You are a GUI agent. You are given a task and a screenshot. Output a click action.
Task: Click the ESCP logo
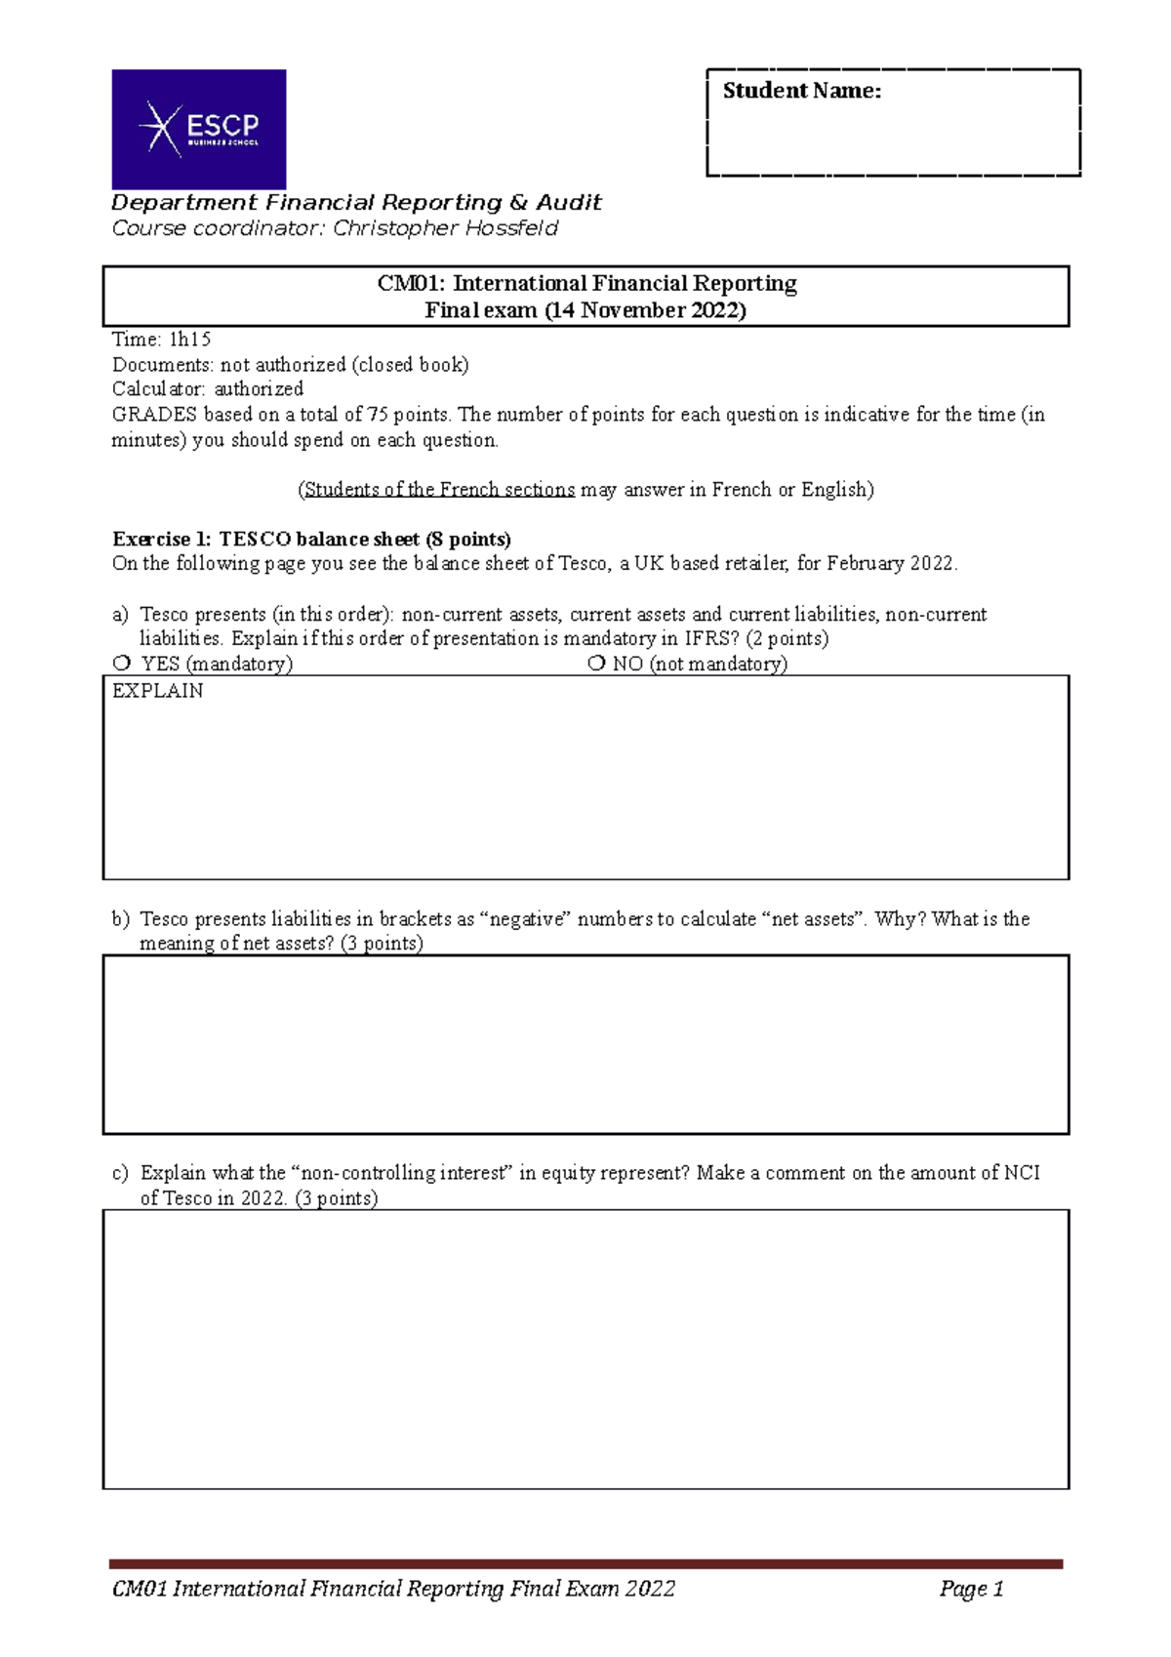199,129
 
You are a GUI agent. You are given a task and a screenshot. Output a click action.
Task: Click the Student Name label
801,91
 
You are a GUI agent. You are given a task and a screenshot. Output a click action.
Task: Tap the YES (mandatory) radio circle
122,663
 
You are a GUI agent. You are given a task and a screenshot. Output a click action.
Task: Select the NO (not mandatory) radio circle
596,663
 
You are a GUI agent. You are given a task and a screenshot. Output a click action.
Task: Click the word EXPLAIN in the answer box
158,691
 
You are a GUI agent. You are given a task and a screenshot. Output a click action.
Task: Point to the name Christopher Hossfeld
446,228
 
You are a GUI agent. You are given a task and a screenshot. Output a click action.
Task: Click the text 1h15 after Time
190,340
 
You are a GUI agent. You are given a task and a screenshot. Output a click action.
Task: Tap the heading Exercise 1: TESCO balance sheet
311,539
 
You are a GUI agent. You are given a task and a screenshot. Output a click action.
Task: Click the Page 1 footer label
971,1589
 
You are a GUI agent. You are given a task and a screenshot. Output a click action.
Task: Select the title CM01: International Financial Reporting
586,284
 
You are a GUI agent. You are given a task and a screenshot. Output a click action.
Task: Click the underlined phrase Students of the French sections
439,490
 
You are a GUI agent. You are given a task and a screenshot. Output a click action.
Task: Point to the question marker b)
119,918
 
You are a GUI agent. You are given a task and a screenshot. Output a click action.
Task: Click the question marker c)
119,1173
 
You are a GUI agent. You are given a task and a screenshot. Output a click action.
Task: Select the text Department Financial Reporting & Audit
356,203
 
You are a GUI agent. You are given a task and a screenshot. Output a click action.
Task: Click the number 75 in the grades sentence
378,415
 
